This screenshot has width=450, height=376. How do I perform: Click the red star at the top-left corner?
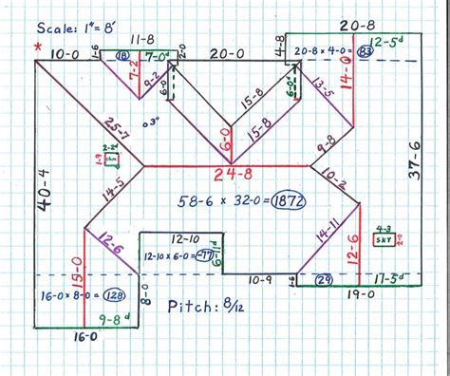coord(37,46)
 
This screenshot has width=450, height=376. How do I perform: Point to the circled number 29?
coord(323,279)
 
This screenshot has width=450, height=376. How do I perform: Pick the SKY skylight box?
coord(385,240)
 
